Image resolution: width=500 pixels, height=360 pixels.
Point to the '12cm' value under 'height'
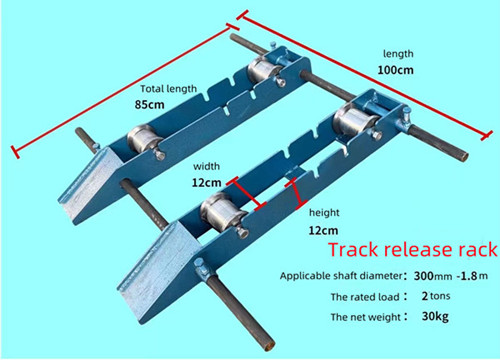coord(322,228)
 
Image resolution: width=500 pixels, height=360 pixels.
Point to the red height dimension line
coord(294,191)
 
